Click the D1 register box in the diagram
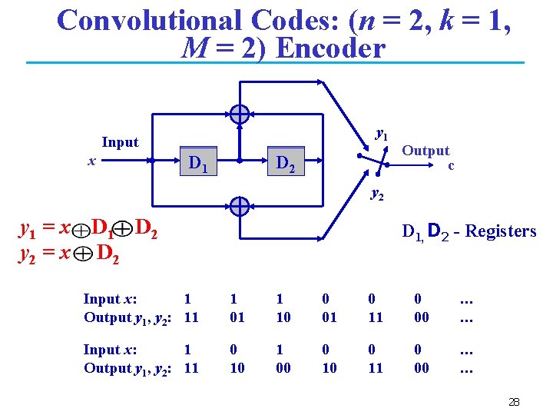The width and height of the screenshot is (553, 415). [198, 162]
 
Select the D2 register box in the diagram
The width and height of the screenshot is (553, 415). [285, 162]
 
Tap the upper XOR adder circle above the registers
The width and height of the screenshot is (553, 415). [240, 115]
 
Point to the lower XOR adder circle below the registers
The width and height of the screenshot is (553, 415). [240, 206]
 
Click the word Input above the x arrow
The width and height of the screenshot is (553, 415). [120, 142]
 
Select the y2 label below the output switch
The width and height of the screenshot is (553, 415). [377, 194]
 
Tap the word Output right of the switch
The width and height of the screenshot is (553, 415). [426, 151]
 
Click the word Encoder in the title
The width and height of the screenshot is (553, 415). [329, 48]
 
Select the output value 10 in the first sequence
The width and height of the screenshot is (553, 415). [283, 317]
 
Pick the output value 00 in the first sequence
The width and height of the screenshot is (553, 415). [422, 317]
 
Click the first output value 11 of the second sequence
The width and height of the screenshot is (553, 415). [191, 368]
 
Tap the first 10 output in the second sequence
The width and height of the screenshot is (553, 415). [237, 368]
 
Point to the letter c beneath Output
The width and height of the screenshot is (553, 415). [452, 164]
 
